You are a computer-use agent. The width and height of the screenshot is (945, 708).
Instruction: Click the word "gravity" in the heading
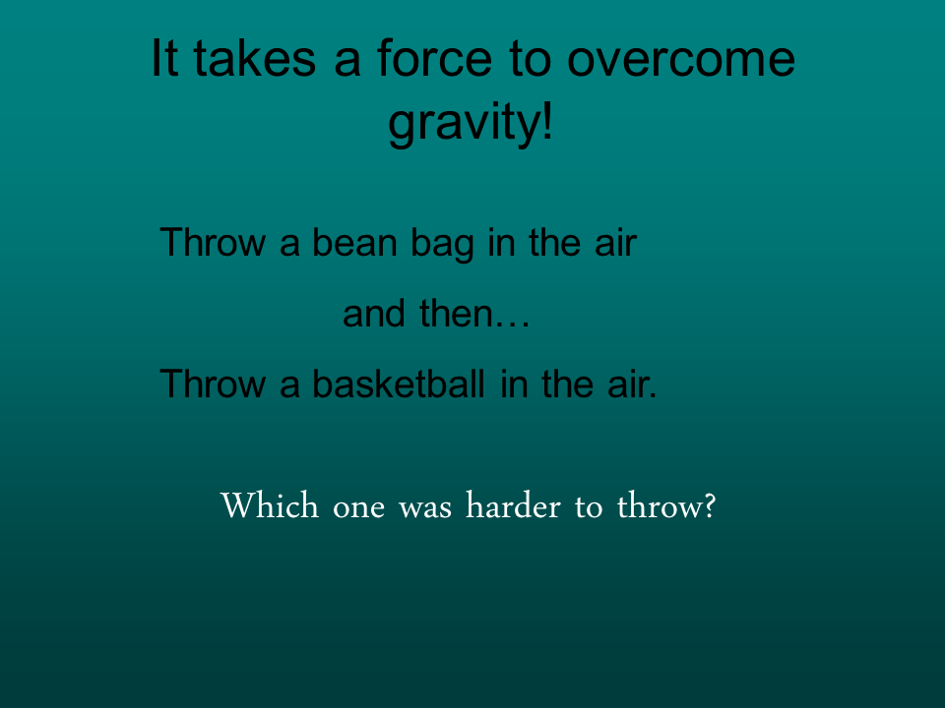[463, 126]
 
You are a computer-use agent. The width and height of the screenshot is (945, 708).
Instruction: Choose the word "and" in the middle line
[375, 315]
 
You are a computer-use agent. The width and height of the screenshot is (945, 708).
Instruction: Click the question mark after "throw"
[705, 507]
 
